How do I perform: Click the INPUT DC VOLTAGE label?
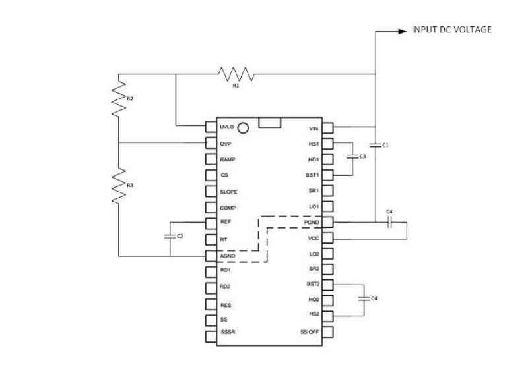[x=451, y=30]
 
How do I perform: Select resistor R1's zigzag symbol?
[x=236, y=73]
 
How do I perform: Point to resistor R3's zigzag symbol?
[x=119, y=185]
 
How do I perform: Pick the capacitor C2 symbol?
[x=170, y=235]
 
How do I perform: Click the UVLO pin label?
[x=227, y=128]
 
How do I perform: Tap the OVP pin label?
[x=225, y=144]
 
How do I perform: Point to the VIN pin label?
[x=314, y=128]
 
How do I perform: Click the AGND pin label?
[x=228, y=255]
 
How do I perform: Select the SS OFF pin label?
[x=310, y=332]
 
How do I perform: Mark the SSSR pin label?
[x=228, y=332]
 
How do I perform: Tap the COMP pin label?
[x=228, y=208]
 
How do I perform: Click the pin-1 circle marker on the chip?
[x=243, y=128]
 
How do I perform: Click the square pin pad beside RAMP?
[x=210, y=160]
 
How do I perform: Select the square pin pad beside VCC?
[x=327, y=239]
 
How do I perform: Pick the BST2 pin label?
[x=312, y=284]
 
